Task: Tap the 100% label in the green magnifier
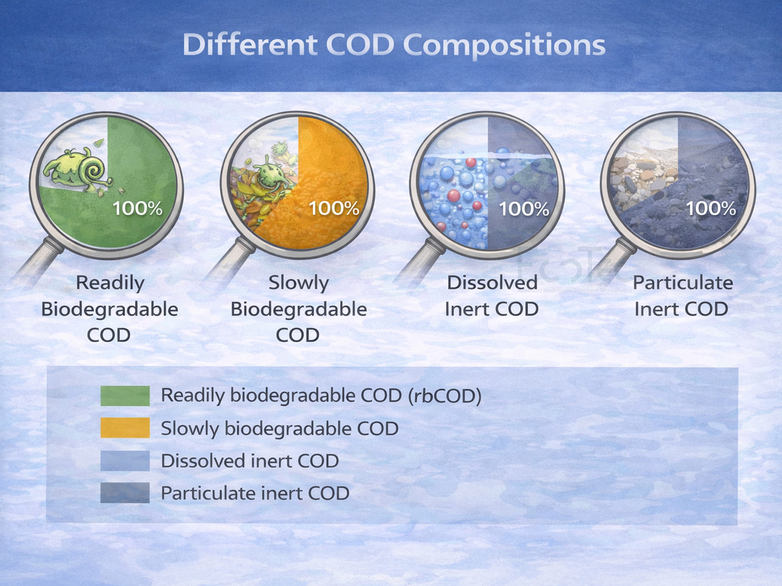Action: coord(137,208)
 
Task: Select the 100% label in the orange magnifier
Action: coord(334,208)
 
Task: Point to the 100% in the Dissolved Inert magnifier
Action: coord(524,208)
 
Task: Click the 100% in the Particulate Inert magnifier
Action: coord(711,208)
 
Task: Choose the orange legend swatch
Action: coord(125,428)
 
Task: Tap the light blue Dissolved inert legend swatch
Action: coord(125,461)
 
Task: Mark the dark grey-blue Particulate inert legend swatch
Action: coord(125,493)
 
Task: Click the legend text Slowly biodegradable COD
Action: coord(279,429)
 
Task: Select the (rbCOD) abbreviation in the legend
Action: coord(444,395)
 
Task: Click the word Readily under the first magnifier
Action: coord(110,283)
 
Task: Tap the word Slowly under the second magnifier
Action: coord(299,283)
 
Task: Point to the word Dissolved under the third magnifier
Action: coord(492,283)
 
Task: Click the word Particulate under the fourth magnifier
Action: coord(683,283)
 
